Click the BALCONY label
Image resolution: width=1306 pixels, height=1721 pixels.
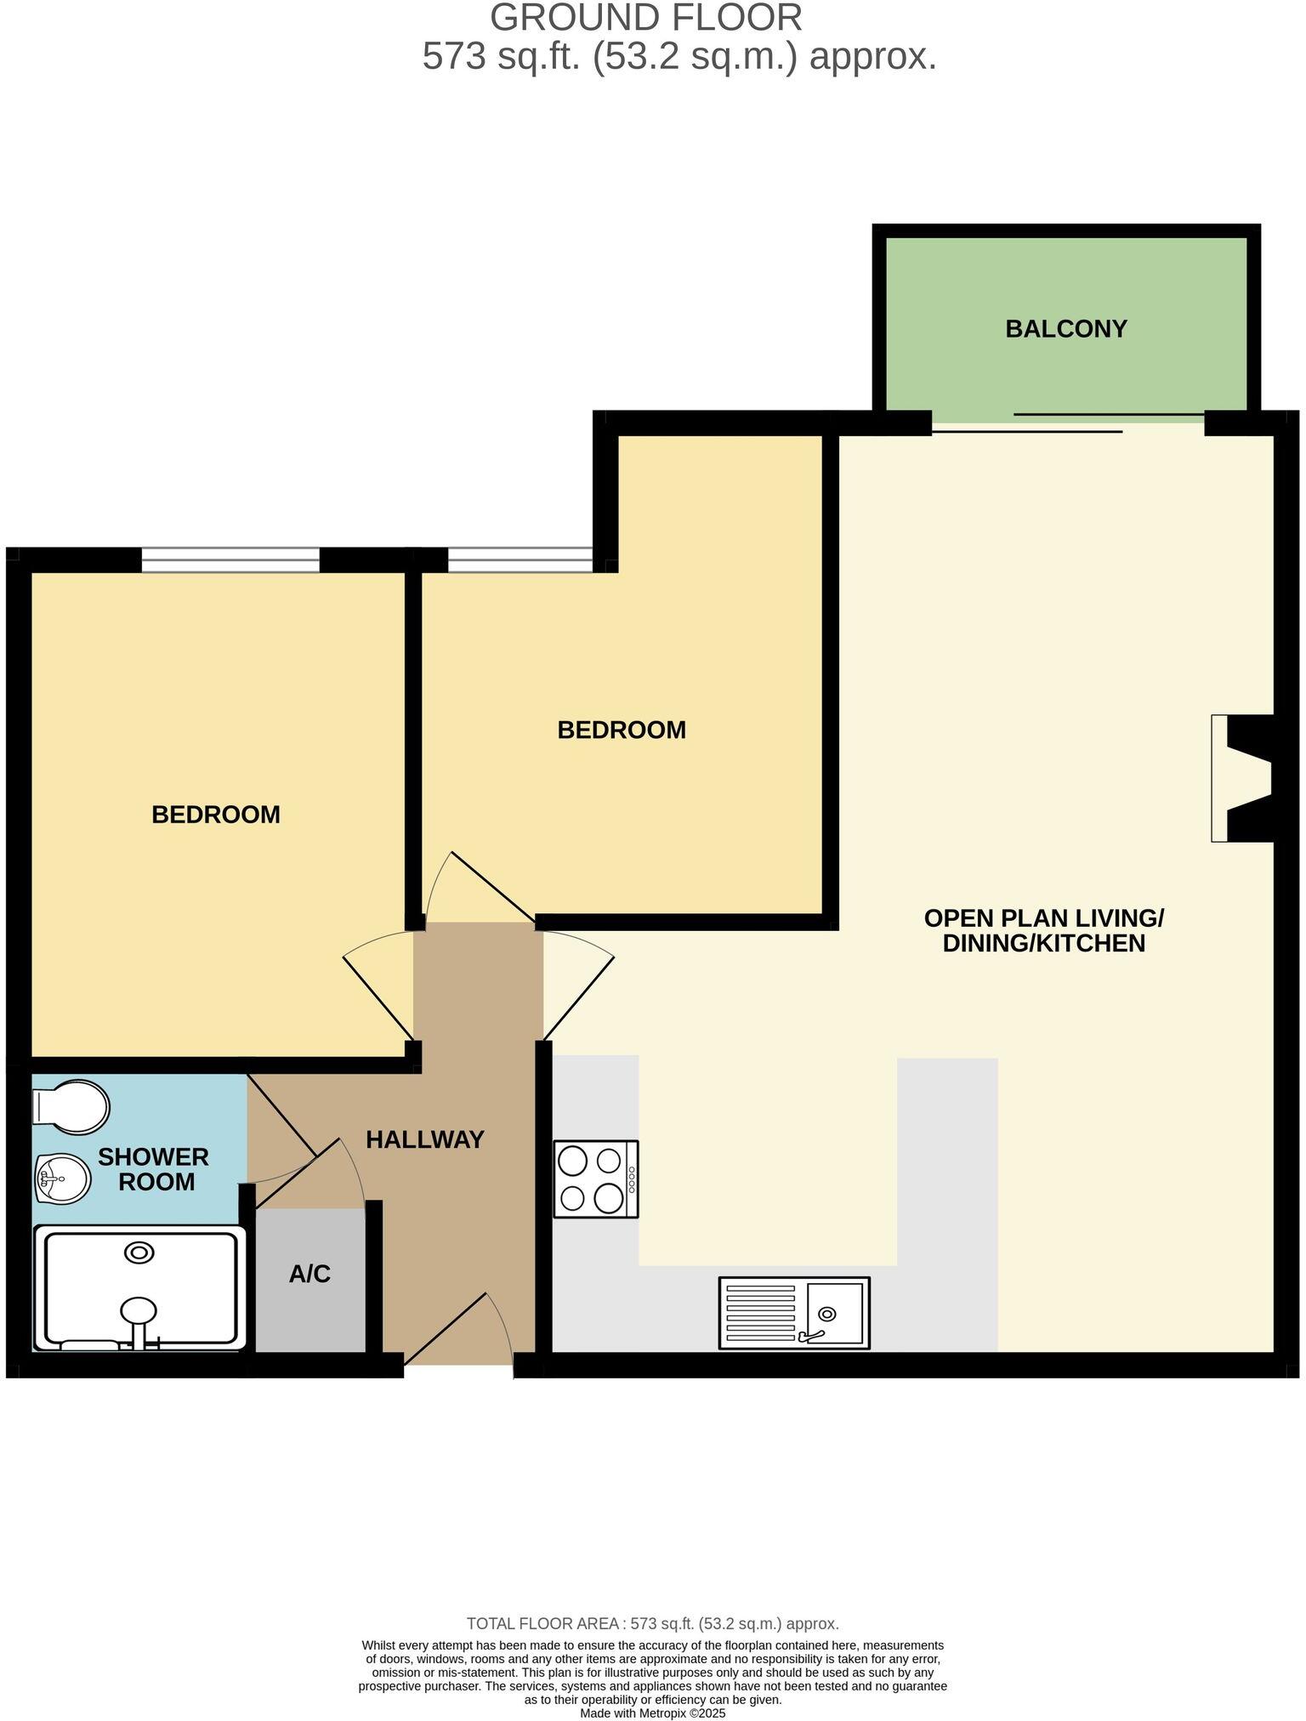[1065, 329]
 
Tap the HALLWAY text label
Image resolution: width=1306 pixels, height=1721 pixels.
[424, 1139]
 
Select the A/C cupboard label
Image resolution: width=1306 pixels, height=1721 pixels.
[309, 1274]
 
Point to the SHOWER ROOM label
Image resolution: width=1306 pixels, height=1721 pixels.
[154, 1169]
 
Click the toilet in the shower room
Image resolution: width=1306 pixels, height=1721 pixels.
[71, 1107]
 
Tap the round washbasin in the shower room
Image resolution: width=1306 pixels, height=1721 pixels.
[62, 1179]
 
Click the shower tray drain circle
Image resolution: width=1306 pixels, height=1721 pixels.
[139, 1252]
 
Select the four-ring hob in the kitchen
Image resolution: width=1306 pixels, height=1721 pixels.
[595, 1179]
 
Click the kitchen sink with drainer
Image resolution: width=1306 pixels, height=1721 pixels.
[793, 1313]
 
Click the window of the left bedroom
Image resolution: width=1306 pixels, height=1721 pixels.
[230, 560]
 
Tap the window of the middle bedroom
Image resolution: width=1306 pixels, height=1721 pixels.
[520, 560]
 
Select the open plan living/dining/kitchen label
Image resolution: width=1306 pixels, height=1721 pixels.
[1043, 930]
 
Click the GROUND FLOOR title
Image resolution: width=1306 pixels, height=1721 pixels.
[645, 19]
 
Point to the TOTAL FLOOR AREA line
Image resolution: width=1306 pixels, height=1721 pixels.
[652, 1623]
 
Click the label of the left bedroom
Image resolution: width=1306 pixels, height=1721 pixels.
[215, 815]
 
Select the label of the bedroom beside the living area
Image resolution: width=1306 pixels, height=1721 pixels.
[622, 730]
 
